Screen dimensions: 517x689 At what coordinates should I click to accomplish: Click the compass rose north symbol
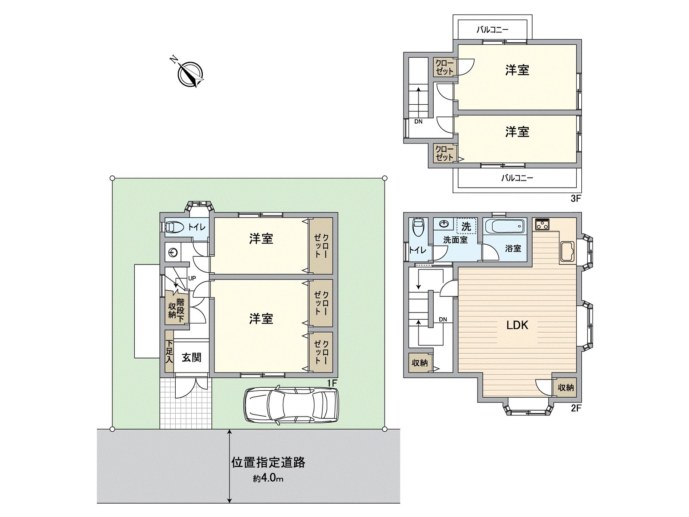(190, 74)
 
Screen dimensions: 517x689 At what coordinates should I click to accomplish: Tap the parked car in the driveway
(292, 405)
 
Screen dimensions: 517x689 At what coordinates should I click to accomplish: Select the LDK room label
(517, 325)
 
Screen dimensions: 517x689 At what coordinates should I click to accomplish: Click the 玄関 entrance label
(191, 357)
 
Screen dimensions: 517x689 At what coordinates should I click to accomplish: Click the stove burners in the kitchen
(542, 224)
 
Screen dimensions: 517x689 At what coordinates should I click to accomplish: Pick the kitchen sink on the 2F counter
(567, 252)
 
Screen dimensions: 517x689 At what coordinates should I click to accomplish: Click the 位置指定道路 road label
(268, 462)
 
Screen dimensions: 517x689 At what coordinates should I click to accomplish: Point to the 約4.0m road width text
(268, 478)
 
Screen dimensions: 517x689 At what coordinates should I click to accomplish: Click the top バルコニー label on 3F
(492, 30)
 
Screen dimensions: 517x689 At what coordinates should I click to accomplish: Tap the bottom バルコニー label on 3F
(517, 178)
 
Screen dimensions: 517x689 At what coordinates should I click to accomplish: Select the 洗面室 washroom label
(455, 240)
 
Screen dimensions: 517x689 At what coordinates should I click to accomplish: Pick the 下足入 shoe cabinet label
(169, 352)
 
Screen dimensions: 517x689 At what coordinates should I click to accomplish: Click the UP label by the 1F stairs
(192, 278)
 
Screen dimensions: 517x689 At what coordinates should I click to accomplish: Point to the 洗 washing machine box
(466, 226)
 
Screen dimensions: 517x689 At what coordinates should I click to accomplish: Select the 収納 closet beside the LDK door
(566, 387)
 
